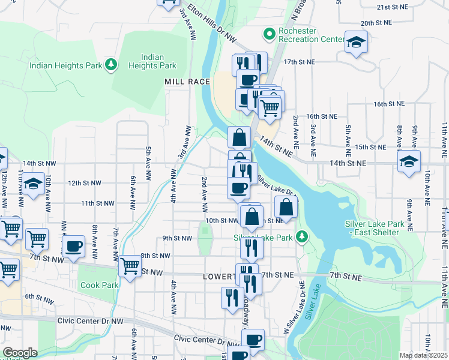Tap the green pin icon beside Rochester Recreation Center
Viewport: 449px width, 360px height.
[268, 33]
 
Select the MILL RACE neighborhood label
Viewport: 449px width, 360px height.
[187, 81]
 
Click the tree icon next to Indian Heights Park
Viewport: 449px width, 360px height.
[110, 64]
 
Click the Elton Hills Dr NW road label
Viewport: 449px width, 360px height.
[212, 26]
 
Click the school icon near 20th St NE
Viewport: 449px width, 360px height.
[356, 42]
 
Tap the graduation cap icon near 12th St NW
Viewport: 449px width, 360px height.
[33, 183]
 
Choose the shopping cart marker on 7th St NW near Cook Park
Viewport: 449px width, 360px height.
[130, 265]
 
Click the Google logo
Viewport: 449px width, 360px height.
[20, 353]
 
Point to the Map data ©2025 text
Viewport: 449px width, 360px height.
[423, 355]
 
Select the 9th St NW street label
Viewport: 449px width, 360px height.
[177, 238]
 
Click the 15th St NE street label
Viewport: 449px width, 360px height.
[370, 146]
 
